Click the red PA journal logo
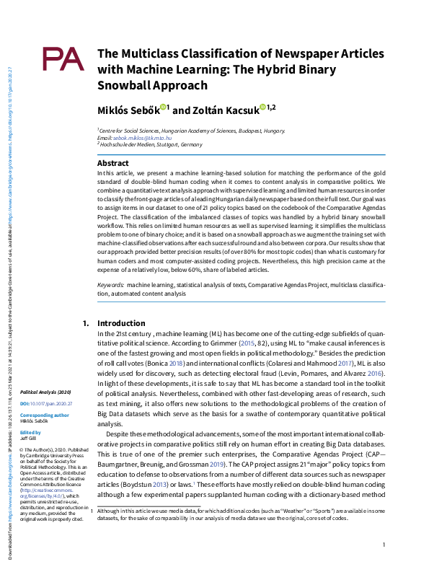(63, 60)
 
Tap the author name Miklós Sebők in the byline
(128, 110)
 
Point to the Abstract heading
(112, 164)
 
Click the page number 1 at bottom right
(384, 545)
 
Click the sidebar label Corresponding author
(45, 415)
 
